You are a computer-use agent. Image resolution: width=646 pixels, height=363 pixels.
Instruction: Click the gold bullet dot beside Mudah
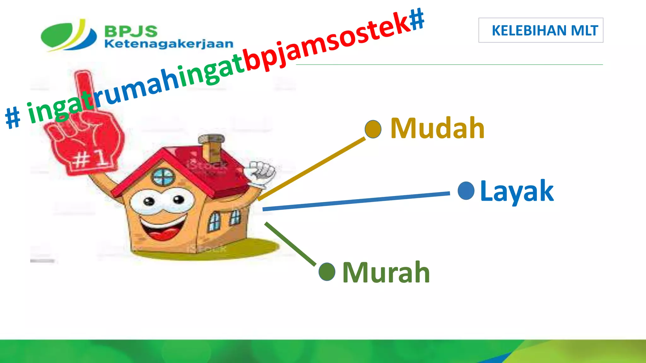click(x=373, y=129)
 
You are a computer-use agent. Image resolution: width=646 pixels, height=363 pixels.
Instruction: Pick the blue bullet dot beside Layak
click(x=466, y=191)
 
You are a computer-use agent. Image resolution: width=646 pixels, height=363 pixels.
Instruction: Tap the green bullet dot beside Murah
click(x=327, y=272)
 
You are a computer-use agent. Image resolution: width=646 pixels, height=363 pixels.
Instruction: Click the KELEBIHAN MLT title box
click(x=541, y=30)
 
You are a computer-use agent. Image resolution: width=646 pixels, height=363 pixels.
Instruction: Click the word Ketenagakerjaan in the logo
click(x=169, y=44)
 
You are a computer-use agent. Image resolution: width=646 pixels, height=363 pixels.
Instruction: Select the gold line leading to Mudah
click(x=312, y=169)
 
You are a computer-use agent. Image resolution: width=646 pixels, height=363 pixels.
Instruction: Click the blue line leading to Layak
click(x=356, y=201)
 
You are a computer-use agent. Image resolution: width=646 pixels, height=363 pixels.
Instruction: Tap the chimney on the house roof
click(x=212, y=147)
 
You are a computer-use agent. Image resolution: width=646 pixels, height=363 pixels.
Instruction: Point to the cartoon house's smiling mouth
click(x=163, y=229)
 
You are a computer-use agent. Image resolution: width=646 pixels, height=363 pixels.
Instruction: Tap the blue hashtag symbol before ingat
click(x=13, y=117)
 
